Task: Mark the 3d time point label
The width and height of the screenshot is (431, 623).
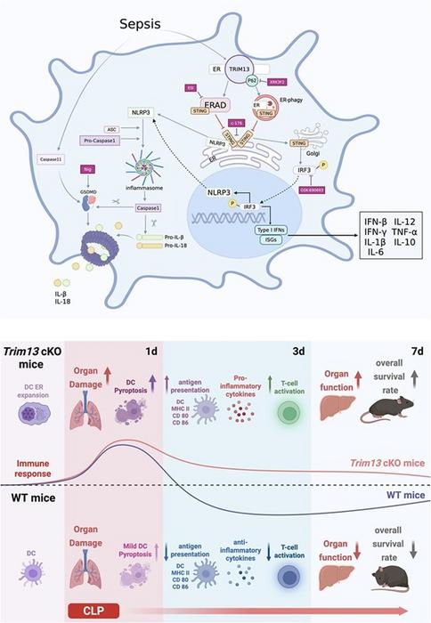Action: tap(300, 351)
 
